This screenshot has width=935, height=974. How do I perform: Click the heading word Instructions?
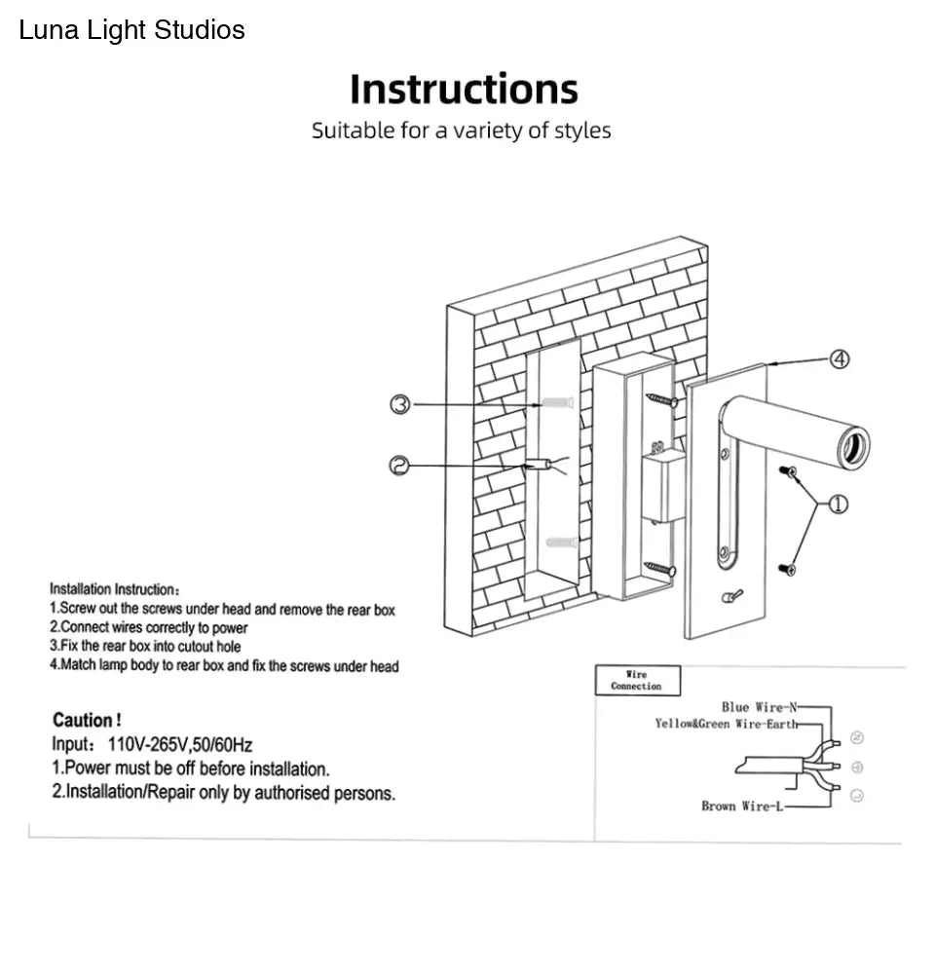tap(464, 90)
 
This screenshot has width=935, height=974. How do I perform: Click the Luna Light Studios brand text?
tap(132, 30)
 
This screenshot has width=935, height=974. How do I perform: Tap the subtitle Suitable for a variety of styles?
tap(461, 131)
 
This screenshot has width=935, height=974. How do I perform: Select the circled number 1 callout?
tap(838, 504)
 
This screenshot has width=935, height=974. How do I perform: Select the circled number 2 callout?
tap(399, 467)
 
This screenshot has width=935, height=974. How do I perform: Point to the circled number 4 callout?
tap(839, 360)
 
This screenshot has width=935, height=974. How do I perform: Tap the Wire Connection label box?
tap(637, 680)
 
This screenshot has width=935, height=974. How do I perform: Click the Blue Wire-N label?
tap(758, 707)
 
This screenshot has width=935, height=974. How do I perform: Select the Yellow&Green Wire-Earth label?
tap(726, 725)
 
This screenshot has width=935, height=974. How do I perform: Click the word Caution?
tap(87, 721)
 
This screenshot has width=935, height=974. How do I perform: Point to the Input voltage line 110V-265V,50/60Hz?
tap(152, 746)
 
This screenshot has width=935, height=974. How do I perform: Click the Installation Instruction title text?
tap(114, 590)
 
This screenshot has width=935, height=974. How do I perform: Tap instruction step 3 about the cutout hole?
tap(145, 647)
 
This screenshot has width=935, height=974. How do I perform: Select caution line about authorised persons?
tap(223, 793)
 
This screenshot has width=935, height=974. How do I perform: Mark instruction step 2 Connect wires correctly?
tap(148, 628)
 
